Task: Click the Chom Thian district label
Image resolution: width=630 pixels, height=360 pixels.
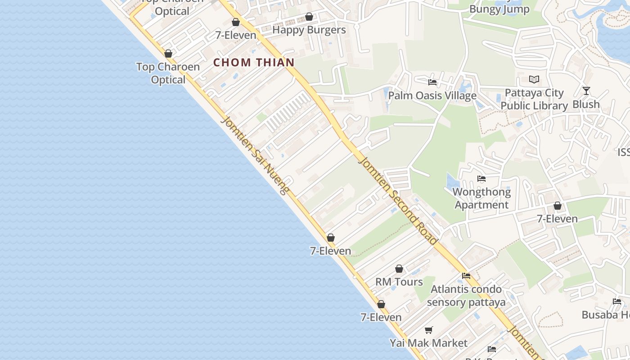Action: pyautogui.click(x=254, y=62)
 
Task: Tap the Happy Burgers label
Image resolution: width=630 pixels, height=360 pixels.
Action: pyautogui.click(x=309, y=30)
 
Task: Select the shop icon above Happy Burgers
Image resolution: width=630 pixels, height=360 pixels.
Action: pyautogui.click(x=309, y=17)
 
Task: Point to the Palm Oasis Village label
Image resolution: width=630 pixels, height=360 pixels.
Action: pyautogui.click(x=432, y=95)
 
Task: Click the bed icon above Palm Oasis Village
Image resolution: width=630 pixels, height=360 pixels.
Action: pyautogui.click(x=432, y=82)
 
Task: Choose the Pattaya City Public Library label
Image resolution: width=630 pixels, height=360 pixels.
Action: pyautogui.click(x=534, y=99)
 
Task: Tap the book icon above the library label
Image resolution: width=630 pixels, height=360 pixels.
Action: pyautogui.click(x=534, y=80)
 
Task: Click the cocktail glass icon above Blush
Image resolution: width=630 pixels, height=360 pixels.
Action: pyautogui.click(x=586, y=91)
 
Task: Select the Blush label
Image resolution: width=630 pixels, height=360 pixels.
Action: pyautogui.click(x=586, y=104)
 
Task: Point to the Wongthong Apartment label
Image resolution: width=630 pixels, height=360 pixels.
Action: pyautogui.click(x=481, y=198)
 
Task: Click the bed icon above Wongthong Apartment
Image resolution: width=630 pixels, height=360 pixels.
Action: pyautogui.click(x=481, y=179)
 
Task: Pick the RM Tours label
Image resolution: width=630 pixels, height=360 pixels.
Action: pyautogui.click(x=399, y=282)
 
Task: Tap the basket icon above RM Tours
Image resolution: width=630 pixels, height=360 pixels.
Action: pyautogui.click(x=399, y=269)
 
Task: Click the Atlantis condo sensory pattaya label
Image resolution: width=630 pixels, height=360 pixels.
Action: pyautogui.click(x=466, y=295)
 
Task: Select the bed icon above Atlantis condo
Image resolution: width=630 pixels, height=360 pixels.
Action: pyautogui.click(x=466, y=276)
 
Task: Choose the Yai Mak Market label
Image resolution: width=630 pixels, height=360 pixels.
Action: pyautogui.click(x=428, y=343)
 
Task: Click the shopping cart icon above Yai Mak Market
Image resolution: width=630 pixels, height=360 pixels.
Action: pyautogui.click(x=429, y=330)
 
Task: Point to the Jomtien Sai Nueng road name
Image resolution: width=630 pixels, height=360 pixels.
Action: pyautogui.click(x=255, y=155)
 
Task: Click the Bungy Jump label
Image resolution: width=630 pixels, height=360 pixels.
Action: pyautogui.click(x=499, y=9)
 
